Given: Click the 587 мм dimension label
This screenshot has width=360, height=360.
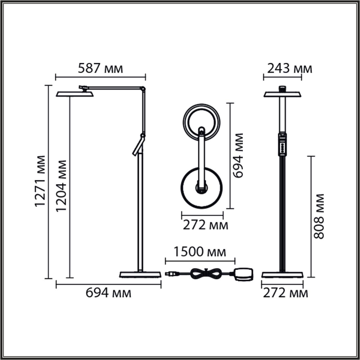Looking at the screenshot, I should (x=100, y=68).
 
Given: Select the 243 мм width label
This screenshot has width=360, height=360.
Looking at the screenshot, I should (x=289, y=68).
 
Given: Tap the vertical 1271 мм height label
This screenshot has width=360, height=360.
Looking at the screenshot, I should (x=40, y=181).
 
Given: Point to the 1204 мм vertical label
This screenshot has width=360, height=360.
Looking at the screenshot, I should (x=61, y=186).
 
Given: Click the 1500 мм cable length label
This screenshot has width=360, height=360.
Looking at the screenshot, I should (x=200, y=252).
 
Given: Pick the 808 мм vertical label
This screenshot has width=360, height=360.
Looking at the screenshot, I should (x=319, y=216).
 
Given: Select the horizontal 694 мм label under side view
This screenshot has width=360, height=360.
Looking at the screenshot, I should (x=108, y=293).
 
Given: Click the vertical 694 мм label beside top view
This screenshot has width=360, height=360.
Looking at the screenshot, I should (x=238, y=156).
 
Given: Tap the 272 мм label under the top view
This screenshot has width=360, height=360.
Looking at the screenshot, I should (x=205, y=225).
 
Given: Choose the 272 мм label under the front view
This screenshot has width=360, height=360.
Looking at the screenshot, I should (x=285, y=293).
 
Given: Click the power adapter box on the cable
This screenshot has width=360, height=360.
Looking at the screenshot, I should (x=243, y=274).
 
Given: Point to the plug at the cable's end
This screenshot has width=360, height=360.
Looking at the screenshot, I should (x=171, y=273).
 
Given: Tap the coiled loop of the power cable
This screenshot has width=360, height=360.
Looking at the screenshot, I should (x=205, y=273).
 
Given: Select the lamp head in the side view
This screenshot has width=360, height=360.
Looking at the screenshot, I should (x=75, y=94).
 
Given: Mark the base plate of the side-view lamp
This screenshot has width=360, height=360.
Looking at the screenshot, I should (x=140, y=274).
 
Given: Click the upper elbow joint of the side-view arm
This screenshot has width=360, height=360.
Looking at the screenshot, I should (x=144, y=89).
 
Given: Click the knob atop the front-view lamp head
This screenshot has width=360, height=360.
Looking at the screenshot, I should (x=282, y=88).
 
